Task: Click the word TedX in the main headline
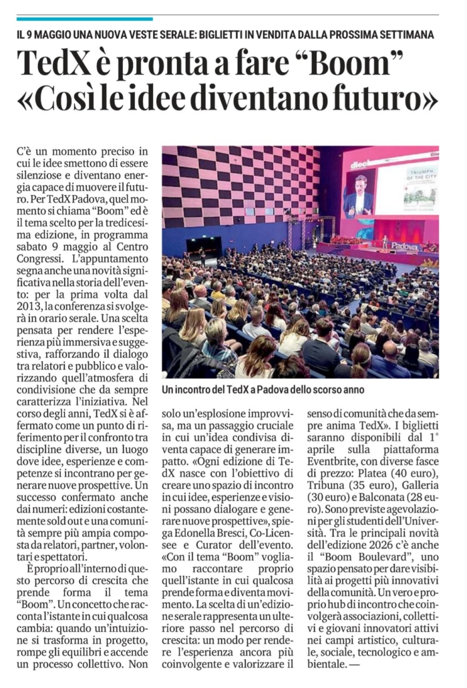54,65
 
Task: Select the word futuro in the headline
377,99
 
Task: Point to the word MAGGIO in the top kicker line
65,34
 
